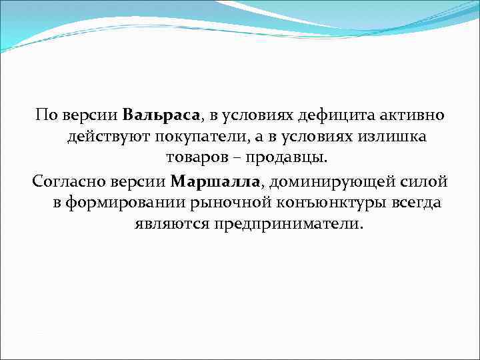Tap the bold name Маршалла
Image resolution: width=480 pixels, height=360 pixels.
[x=217, y=181]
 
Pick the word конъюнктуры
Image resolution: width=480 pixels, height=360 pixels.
[x=318, y=203]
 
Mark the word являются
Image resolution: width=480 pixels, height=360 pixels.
[x=171, y=225]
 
